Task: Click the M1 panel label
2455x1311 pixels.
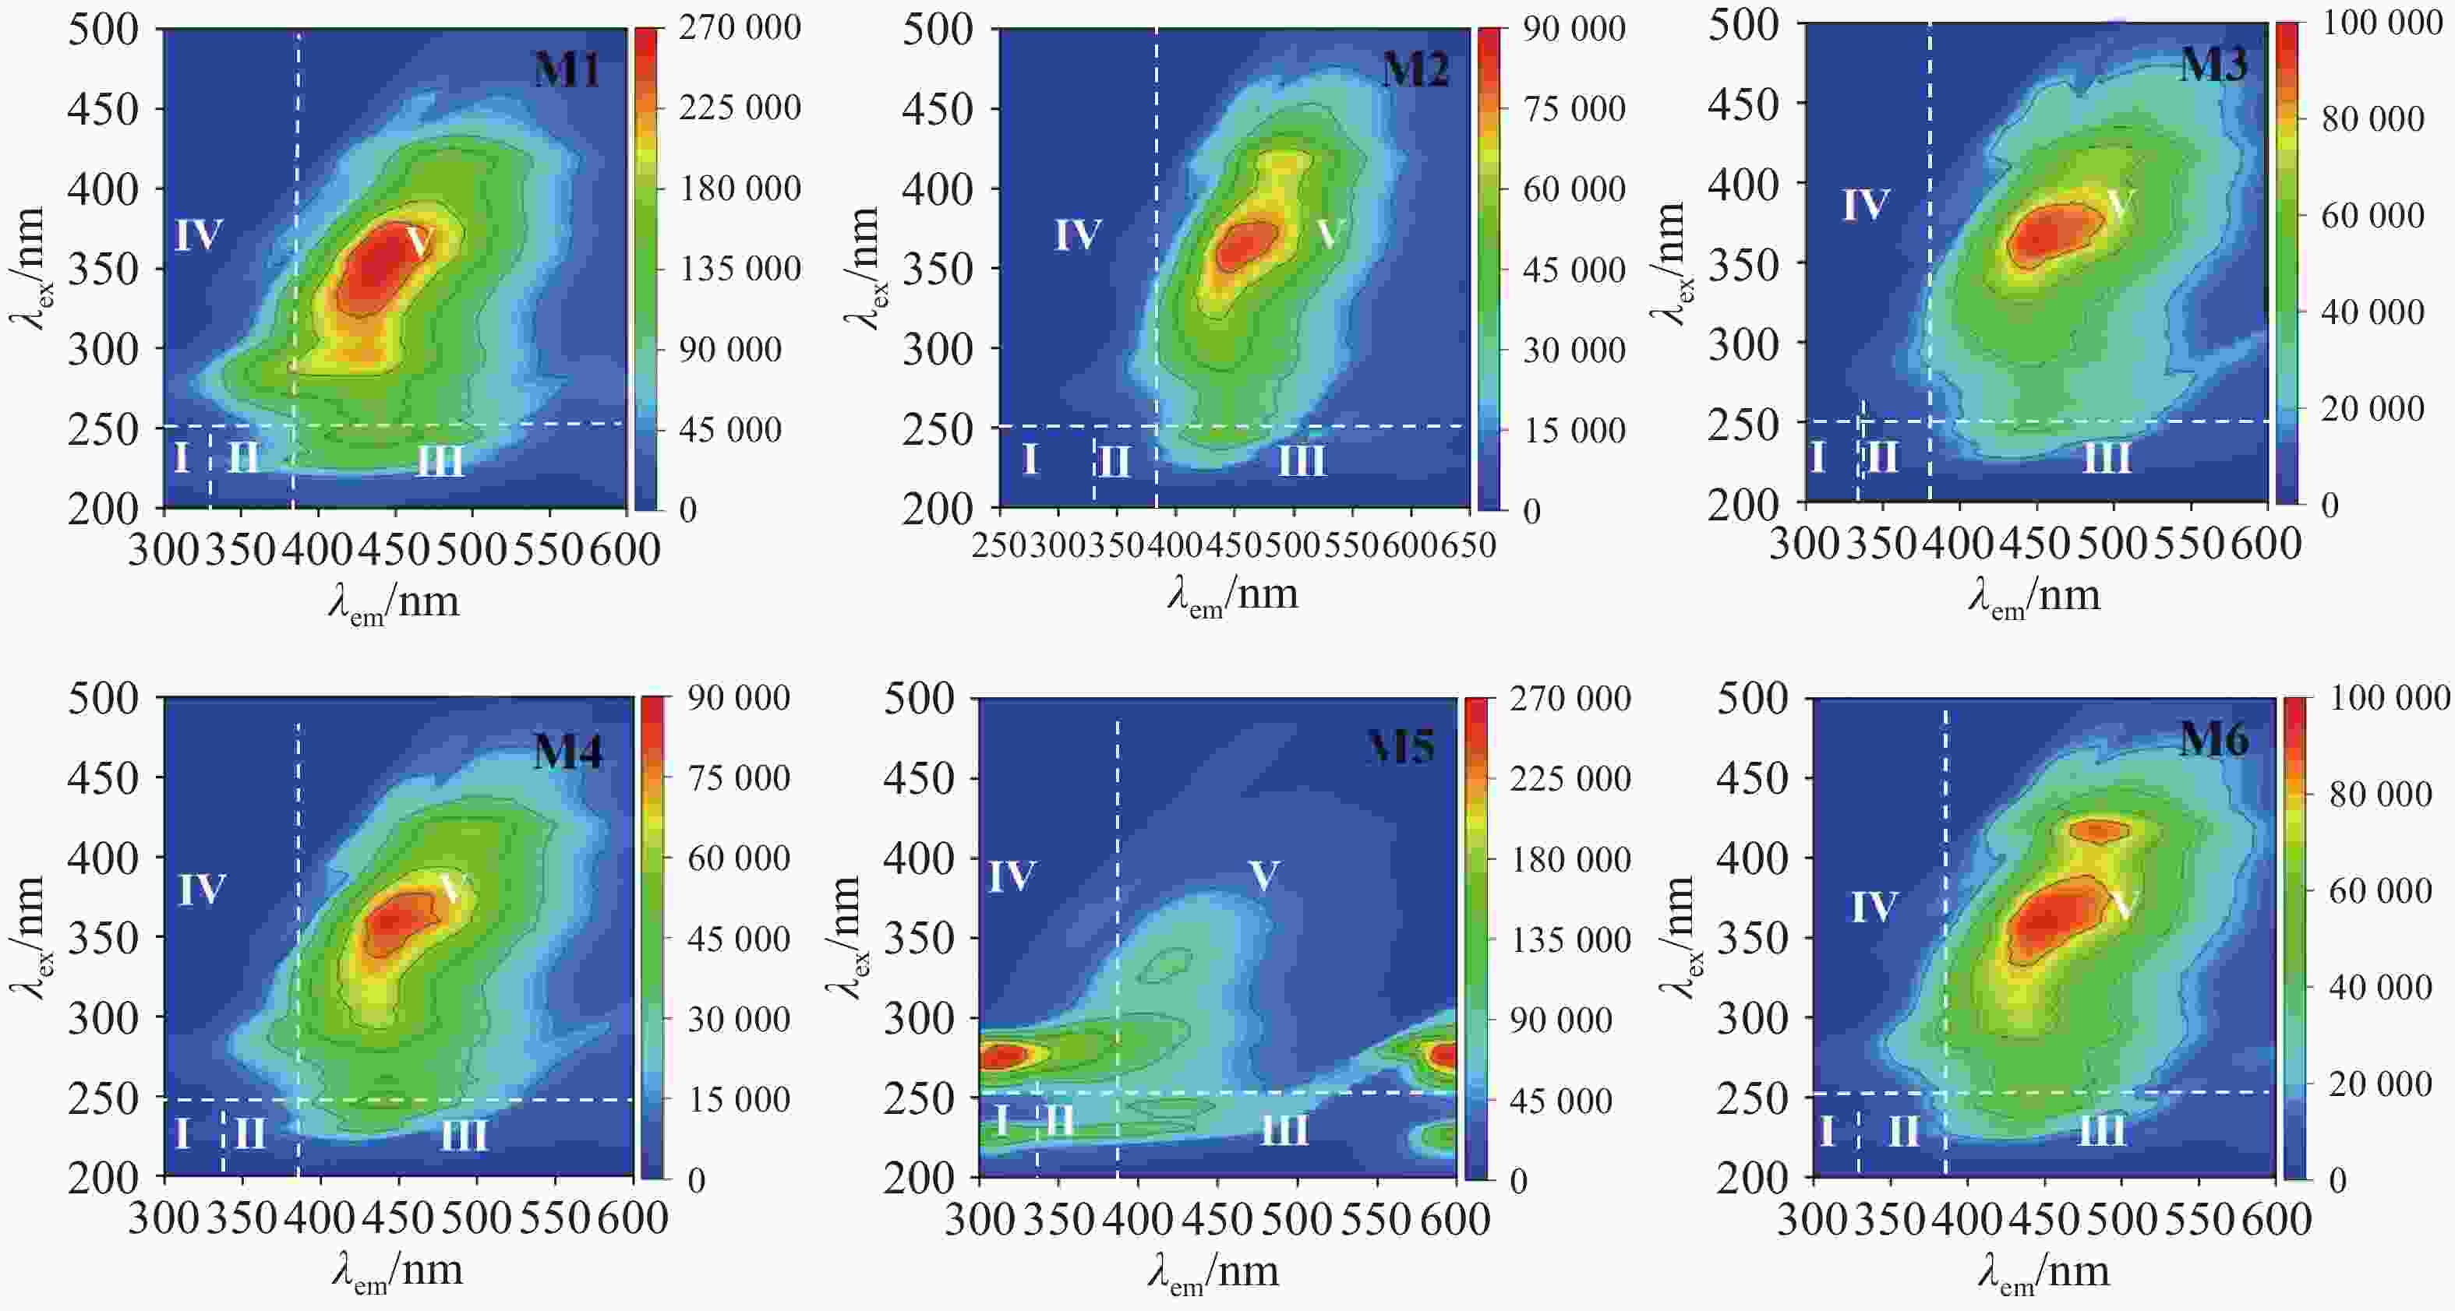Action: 567,69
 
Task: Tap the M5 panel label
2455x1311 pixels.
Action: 1401,746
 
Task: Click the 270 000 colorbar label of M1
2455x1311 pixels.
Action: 740,27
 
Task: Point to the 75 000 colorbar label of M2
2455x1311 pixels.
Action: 1574,108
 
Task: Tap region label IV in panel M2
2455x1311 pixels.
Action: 1077,234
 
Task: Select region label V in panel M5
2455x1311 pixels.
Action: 1263,875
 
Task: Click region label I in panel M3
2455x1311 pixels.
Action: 1817,457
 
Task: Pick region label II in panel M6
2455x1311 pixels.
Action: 1903,1131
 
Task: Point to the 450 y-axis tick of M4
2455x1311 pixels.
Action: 103,778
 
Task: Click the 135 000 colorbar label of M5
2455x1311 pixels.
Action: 1570,940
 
